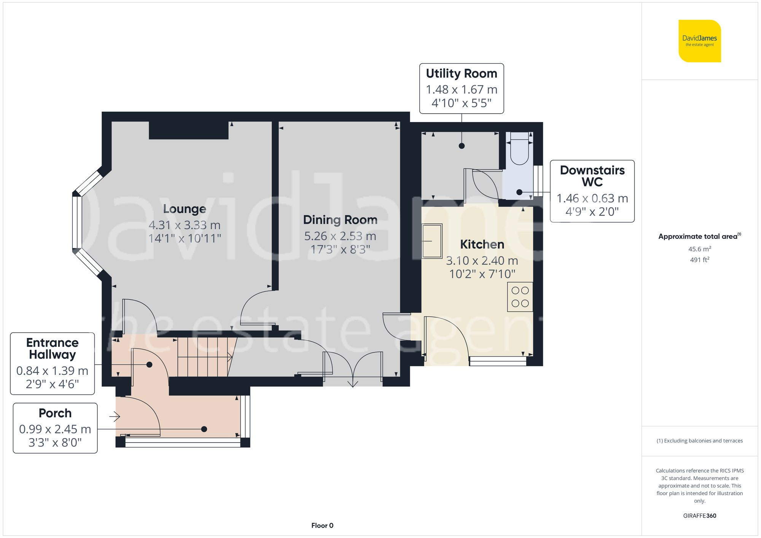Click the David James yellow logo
[x=699, y=41]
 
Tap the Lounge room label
[x=185, y=209]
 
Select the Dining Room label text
[x=340, y=220]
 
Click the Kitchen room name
[x=482, y=244]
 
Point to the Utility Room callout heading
[x=461, y=73]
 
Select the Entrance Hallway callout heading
[x=53, y=348]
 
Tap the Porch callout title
[x=55, y=413]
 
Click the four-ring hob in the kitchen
[x=520, y=297]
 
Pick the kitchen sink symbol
[x=432, y=241]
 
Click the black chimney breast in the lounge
[x=188, y=130]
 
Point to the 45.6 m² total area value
[x=699, y=249]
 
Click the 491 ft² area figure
[x=699, y=260]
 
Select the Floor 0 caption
[x=322, y=525]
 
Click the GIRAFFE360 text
[x=699, y=516]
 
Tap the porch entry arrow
[x=115, y=417]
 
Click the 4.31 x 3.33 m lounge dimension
[x=185, y=225]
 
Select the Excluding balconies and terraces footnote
[x=699, y=441]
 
